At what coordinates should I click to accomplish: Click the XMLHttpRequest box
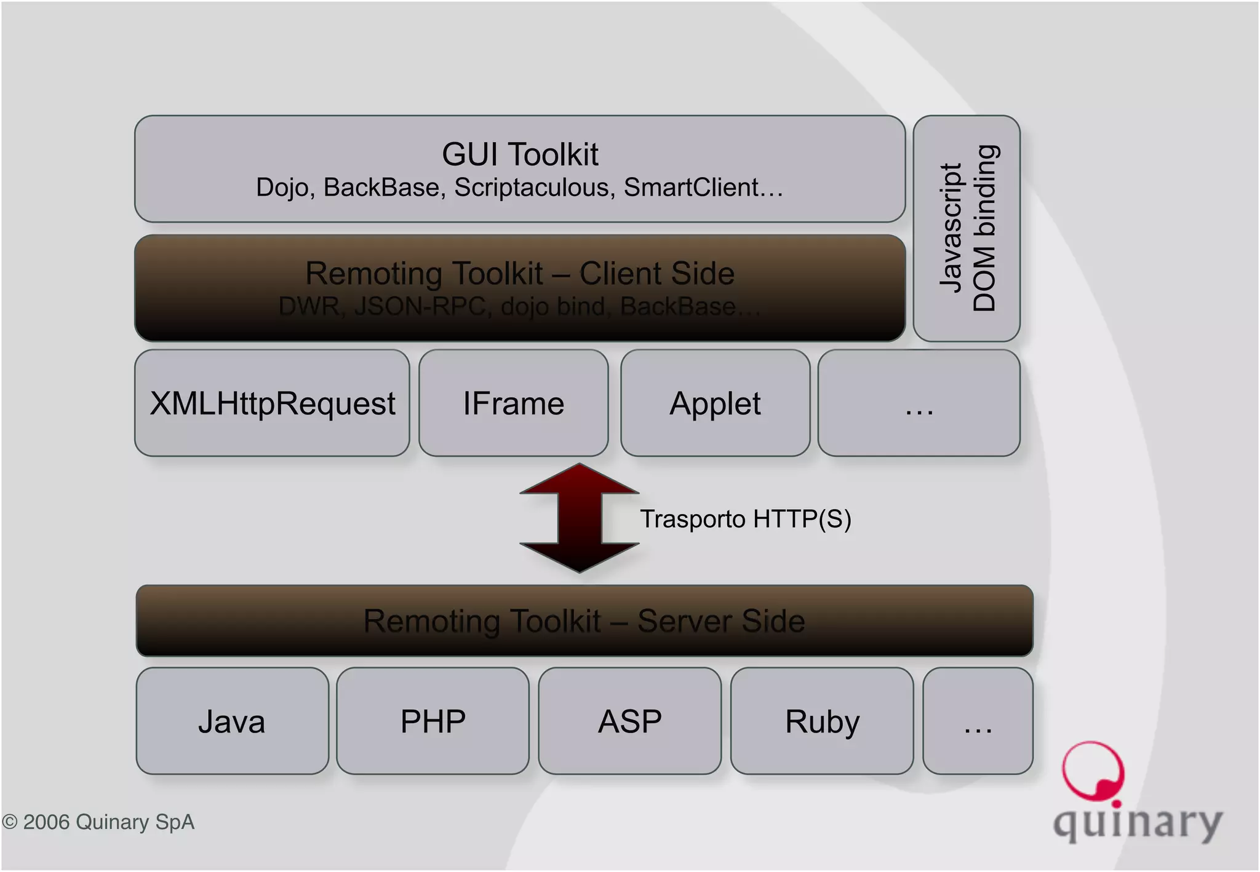(x=272, y=403)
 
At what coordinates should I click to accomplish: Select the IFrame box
(x=513, y=403)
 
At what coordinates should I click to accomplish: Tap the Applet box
(x=715, y=403)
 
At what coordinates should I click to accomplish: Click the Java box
(x=232, y=721)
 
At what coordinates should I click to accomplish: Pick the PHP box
(x=433, y=721)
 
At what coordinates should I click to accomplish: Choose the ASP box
(x=629, y=721)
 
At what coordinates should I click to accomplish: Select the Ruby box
(x=822, y=721)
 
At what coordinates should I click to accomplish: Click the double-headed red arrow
(x=579, y=518)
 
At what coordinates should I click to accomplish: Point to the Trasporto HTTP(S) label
(x=746, y=519)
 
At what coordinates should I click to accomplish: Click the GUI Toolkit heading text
(x=520, y=154)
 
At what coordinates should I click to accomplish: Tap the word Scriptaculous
(x=534, y=188)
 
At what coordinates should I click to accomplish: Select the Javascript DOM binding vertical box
(x=967, y=228)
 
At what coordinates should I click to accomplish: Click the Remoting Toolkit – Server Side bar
(x=584, y=620)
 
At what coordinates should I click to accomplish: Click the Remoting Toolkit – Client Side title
(x=520, y=273)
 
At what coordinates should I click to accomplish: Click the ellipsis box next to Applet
(x=919, y=403)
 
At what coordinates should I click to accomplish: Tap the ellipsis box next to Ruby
(x=978, y=721)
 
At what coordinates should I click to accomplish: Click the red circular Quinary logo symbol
(x=1093, y=772)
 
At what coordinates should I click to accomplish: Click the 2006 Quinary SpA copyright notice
(x=98, y=822)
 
